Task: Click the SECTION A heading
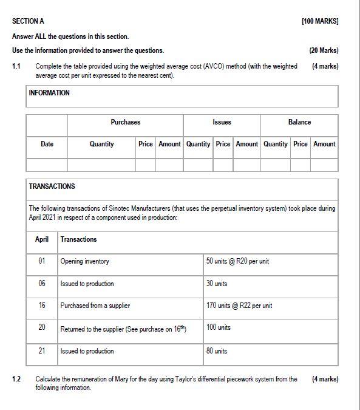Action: (29, 21)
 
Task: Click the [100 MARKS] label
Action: (320, 21)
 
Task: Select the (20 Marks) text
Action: (324, 50)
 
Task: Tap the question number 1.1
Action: (17, 66)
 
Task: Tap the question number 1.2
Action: (17, 379)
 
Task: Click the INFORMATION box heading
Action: (49, 93)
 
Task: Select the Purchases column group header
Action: (125, 122)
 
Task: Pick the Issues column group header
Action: (222, 122)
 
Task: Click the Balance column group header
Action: (299, 122)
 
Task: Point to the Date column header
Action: (47, 144)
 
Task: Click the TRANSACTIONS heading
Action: (52, 186)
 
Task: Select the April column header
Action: (42, 239)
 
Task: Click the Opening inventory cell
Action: (85, 261)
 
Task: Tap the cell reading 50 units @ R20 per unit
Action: (237, 261)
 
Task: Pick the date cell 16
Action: (42, 306)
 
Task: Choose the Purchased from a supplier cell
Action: (95, 306)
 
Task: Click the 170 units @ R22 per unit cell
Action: (239, 306)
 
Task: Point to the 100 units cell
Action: (219, 328)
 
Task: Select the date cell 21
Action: (42, 351)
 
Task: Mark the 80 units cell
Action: (217, 351)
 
